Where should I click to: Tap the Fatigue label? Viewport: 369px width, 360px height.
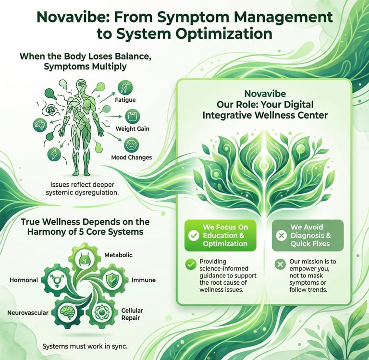point(125,100)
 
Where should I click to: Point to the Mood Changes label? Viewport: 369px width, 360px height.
point(131,157)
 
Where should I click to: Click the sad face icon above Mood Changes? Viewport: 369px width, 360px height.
point(131,144)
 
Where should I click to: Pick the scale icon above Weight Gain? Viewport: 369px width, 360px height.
point(132,116)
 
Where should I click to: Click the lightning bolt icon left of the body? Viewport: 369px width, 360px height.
point(53,154)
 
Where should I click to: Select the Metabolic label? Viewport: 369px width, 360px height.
point(118,254)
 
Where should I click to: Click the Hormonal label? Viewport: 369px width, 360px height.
point(24,279)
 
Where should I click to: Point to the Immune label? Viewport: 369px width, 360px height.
point(143,279)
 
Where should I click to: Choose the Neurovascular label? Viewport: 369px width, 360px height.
point(28,312)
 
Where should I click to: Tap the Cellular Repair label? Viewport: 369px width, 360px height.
point(132,314)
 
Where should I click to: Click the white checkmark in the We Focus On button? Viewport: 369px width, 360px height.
point(194,236)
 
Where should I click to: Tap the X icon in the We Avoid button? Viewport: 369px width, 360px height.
point(282,236)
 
